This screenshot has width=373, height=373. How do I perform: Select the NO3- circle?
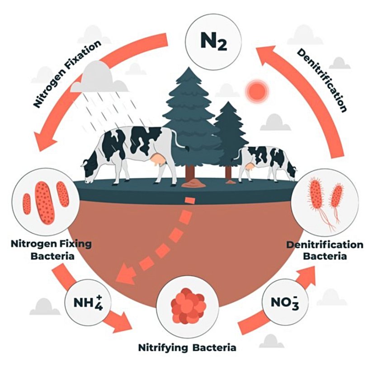285,302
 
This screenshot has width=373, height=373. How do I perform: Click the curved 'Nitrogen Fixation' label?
66,74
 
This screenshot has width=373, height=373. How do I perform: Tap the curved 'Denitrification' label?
322,80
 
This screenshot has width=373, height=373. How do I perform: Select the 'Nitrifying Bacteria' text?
187,348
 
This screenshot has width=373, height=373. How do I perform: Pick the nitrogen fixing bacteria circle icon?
46,202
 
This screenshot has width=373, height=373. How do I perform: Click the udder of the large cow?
158,160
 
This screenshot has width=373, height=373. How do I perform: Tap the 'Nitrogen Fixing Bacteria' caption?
52,250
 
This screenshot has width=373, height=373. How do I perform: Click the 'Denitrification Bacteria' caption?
325,250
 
